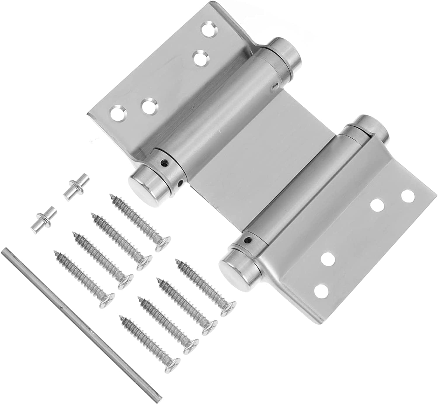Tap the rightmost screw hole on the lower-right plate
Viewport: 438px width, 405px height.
pos(408,196)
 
